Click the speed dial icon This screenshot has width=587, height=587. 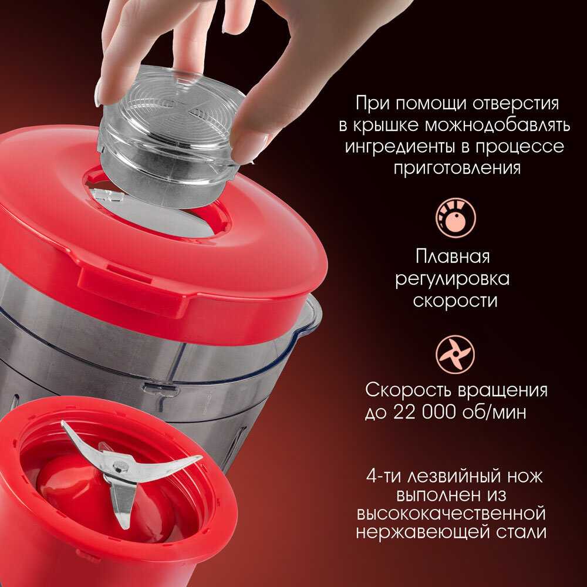[456, 218]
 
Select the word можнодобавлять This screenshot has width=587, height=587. [497, 125]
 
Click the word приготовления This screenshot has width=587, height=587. [457, 168]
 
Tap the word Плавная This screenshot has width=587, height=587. [452, 257]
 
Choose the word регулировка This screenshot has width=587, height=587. [452, 279]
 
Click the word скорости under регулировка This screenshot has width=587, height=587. [456, 301]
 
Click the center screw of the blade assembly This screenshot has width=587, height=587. [121, 467]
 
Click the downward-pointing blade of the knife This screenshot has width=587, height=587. [123, 502]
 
